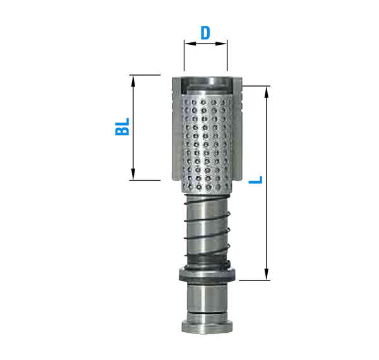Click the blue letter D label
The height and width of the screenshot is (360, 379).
(x=205, y=32)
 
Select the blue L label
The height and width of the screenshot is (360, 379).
(x=255, y=180)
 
